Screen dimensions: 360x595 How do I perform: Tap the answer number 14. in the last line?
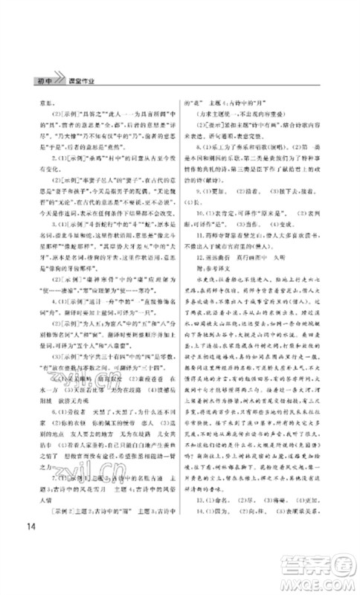click(198, 490)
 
